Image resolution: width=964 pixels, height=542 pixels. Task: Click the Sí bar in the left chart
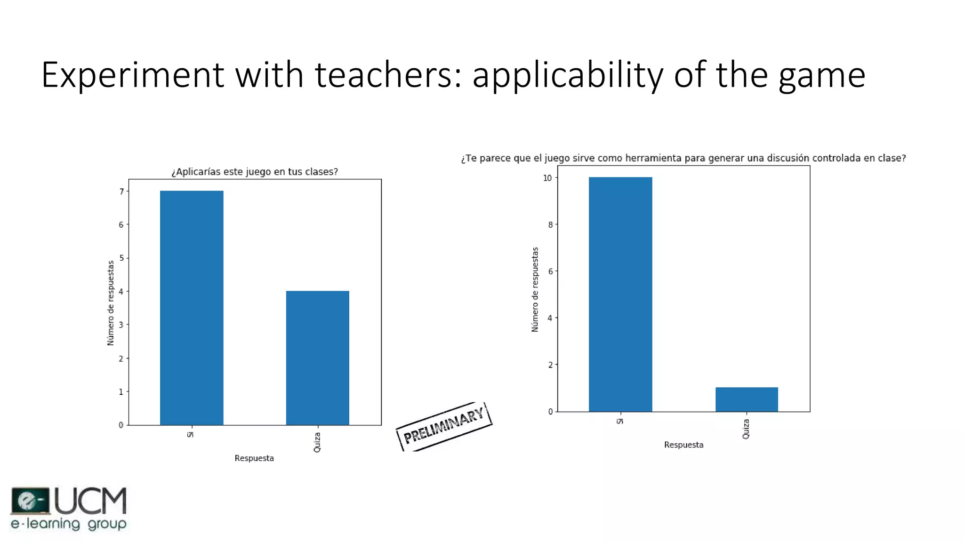[x=192, y=308]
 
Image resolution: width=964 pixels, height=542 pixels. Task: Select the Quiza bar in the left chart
[x=318, y=358]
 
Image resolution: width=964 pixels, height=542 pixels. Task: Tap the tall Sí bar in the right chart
[x=620, y=294]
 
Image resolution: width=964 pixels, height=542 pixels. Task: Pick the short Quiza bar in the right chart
[x=747, y=399]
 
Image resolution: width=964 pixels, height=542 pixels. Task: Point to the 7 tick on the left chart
[x=121, y=191]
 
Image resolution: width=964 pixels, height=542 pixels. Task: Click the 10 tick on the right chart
[x=547, y=178]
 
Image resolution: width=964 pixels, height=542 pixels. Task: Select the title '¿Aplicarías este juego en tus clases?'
[x=255, y=172]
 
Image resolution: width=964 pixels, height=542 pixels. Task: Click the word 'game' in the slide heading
[x=822, y=75]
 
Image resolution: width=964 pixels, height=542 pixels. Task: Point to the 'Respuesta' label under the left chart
[x=254, y=458]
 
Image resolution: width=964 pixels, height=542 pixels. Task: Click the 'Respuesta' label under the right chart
[x=683, y=445]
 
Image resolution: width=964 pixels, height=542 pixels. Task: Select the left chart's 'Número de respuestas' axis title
[x=111, y=303]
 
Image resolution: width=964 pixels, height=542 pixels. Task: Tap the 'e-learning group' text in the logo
[x=69, y=524]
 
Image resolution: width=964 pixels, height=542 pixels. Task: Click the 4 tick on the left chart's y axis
[x=121, y=292]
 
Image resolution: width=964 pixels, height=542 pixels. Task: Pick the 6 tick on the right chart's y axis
[x=550, y=271]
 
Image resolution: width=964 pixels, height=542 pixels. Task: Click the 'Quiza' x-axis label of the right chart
[x=746, y=429]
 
